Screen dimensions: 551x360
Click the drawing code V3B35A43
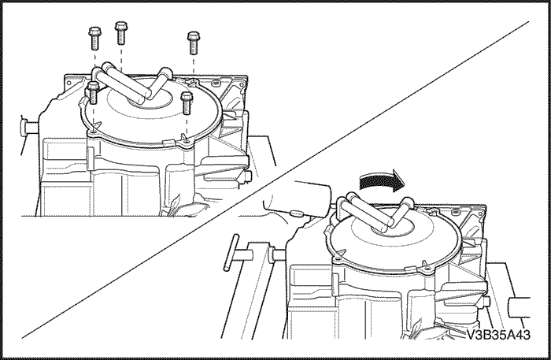pyautogui.click(x=498, y=335)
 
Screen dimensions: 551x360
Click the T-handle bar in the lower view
pyautogui.click(x=231, y=252)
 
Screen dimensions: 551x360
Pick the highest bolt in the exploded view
pyautogui.click(x=121, y=33)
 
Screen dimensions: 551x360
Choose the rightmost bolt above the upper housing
pyautogui.click(x=193, y=43)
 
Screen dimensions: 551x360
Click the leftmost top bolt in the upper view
pyautogui.click(x=94, y=38)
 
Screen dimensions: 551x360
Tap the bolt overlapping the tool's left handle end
pyautogui.click(x=93, y=92)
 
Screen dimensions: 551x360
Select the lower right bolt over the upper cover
pyautogui.click(x=186, y=102)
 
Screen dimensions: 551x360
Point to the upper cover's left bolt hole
pyautogui.click(x=92, y=131)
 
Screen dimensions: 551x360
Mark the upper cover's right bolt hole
pyautogui.click(x=187, y=141)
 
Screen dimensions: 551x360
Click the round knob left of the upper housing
pyautogui.click(x=24, y=128)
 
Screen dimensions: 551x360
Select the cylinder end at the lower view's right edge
pyautogui.click(x=520, y=307)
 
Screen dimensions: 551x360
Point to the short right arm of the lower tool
pyautogui.click(x=401, y=212)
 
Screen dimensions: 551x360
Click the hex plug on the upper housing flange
pyautogui.click(x=216, y=83)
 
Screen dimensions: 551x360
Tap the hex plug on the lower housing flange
pyautogui.click(x=456, y=212)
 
